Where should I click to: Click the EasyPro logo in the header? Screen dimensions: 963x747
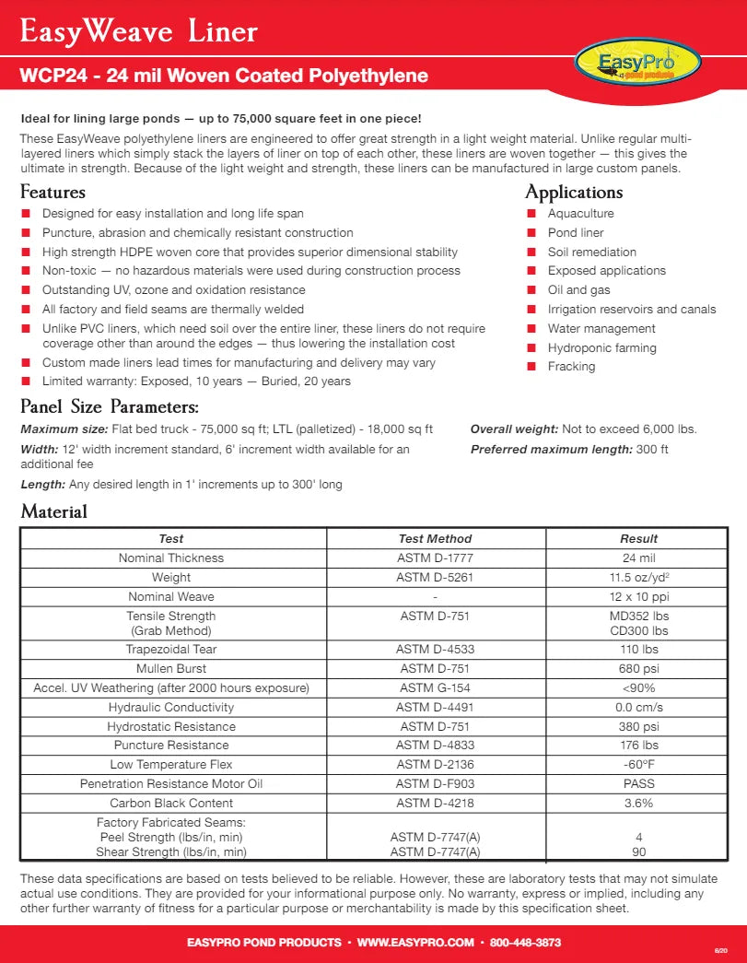pos(637,64)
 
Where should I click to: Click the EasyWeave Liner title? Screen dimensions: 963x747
pos(139,33)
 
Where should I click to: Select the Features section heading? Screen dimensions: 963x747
pos(53,193)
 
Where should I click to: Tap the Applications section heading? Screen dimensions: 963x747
pos(574,193)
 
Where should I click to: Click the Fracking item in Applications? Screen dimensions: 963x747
pos(571,367)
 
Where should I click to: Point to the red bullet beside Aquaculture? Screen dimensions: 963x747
pos(531,214)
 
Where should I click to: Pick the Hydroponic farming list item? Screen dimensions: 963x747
pos(601,347)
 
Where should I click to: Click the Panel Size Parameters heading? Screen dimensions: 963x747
pos(110,406)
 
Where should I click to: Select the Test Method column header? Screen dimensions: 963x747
pos(435,539)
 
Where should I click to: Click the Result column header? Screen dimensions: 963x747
pos(638,539)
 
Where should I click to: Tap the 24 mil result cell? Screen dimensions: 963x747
pos(638,558)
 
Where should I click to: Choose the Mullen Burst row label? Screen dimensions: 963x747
pos(171,669)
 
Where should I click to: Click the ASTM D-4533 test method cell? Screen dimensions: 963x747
pos(435,650)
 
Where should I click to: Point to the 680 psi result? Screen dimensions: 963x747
pos(638,669)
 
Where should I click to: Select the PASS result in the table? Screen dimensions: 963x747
pos(638,784)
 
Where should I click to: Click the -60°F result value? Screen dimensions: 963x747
pos(638,765)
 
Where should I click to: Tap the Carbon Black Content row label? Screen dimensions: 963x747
pos(171,804)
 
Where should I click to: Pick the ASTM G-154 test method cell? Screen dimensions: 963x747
pos(435,688)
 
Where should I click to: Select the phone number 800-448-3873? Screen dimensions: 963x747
pos(525,943)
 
